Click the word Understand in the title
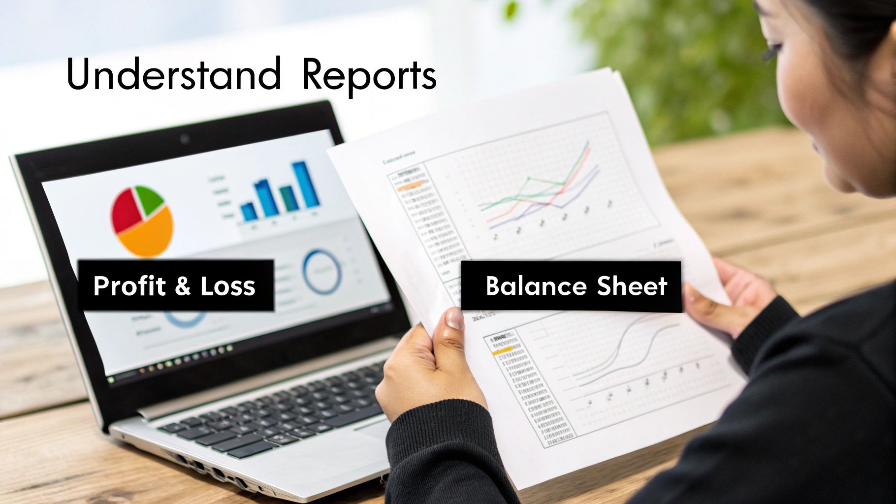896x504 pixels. [174, 75]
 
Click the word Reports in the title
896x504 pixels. [369, 76]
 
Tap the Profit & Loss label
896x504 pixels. [175, 285]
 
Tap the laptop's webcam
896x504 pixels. [185, 138]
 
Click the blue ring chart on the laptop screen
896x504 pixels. [322, 272]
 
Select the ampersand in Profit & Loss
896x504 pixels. [182, 286]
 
